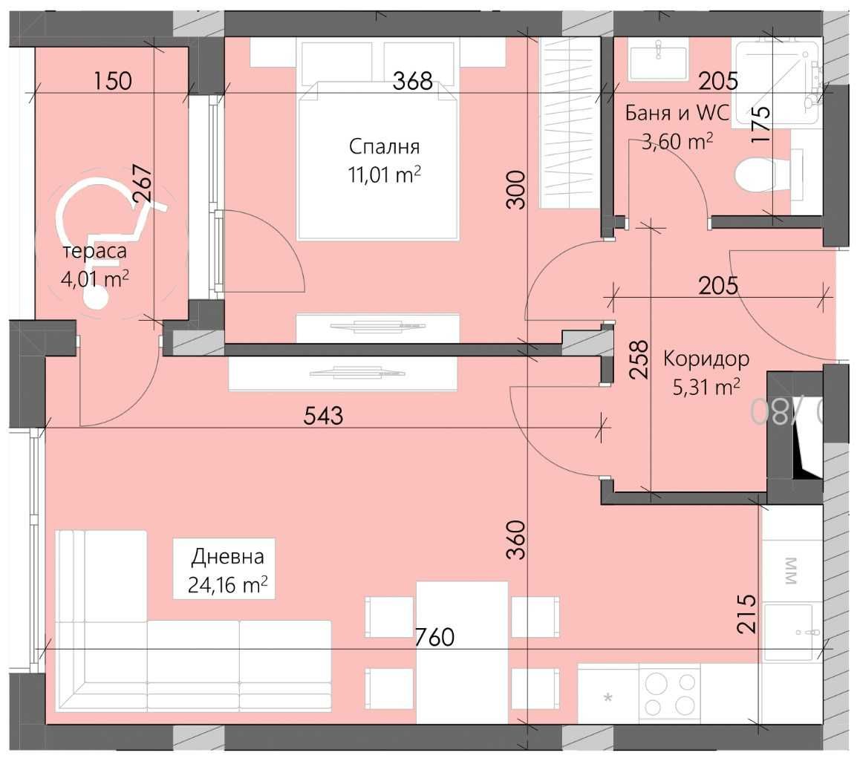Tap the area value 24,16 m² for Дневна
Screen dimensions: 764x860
(227, 586)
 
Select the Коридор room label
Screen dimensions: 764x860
(706, 359)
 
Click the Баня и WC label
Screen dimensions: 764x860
(678, 113)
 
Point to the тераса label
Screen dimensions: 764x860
(94, 251)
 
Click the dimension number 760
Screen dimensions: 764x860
(434, 636)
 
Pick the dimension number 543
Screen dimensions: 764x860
(324, 416)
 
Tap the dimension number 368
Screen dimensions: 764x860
(412, 80)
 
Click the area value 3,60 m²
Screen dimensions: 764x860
(678, 141)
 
